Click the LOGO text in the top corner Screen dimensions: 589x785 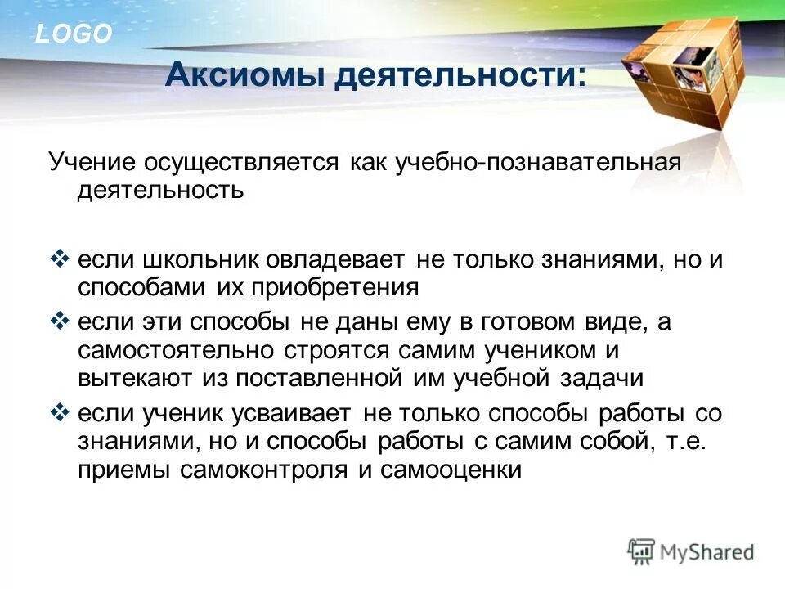click(73, 34)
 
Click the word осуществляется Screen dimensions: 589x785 click(242, 161)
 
